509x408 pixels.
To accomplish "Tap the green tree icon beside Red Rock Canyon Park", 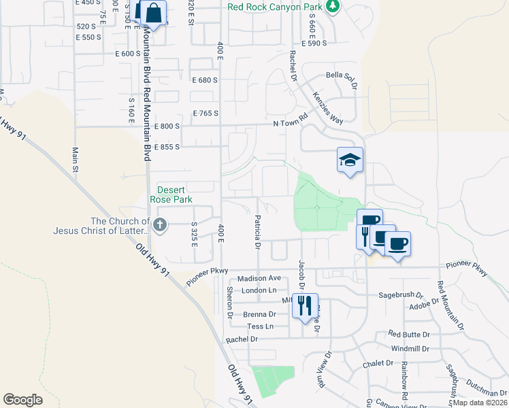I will tap(332, 7).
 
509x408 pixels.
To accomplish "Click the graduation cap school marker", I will tap(350, 160).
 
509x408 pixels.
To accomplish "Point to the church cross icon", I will tap(160, 225).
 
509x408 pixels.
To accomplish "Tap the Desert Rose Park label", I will tap(171, 194).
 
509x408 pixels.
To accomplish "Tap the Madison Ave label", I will tap(259, 278).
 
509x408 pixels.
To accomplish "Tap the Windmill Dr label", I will tap(410, 348).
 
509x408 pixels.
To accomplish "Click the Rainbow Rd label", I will tap(405, 381).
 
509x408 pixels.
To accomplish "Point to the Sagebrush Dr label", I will tap(401, 296).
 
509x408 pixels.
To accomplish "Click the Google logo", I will tap(23, 399).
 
